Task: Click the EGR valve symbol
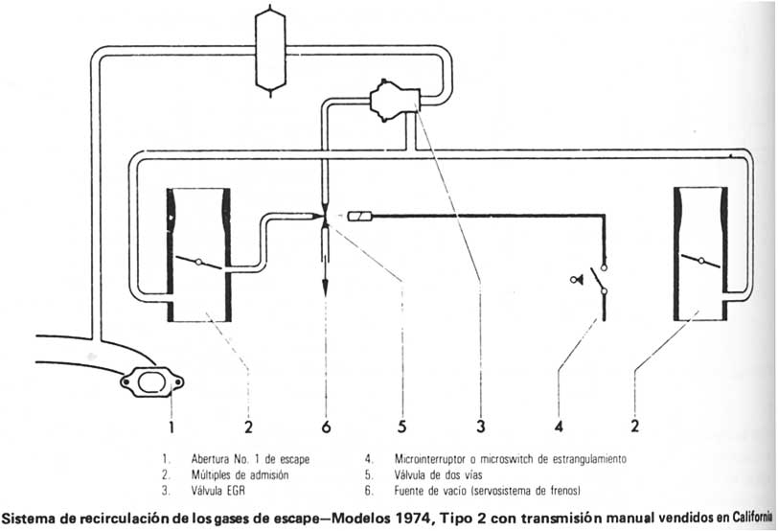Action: click(x=389, y=97)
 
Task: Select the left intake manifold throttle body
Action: click(x=199, y=254)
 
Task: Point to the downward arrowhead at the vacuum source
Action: click(x=326, y=287)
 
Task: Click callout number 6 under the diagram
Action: click(x=327, y=424)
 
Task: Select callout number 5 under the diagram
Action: click(x=402, y=424)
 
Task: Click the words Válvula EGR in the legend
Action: click(x=220, y=490)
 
